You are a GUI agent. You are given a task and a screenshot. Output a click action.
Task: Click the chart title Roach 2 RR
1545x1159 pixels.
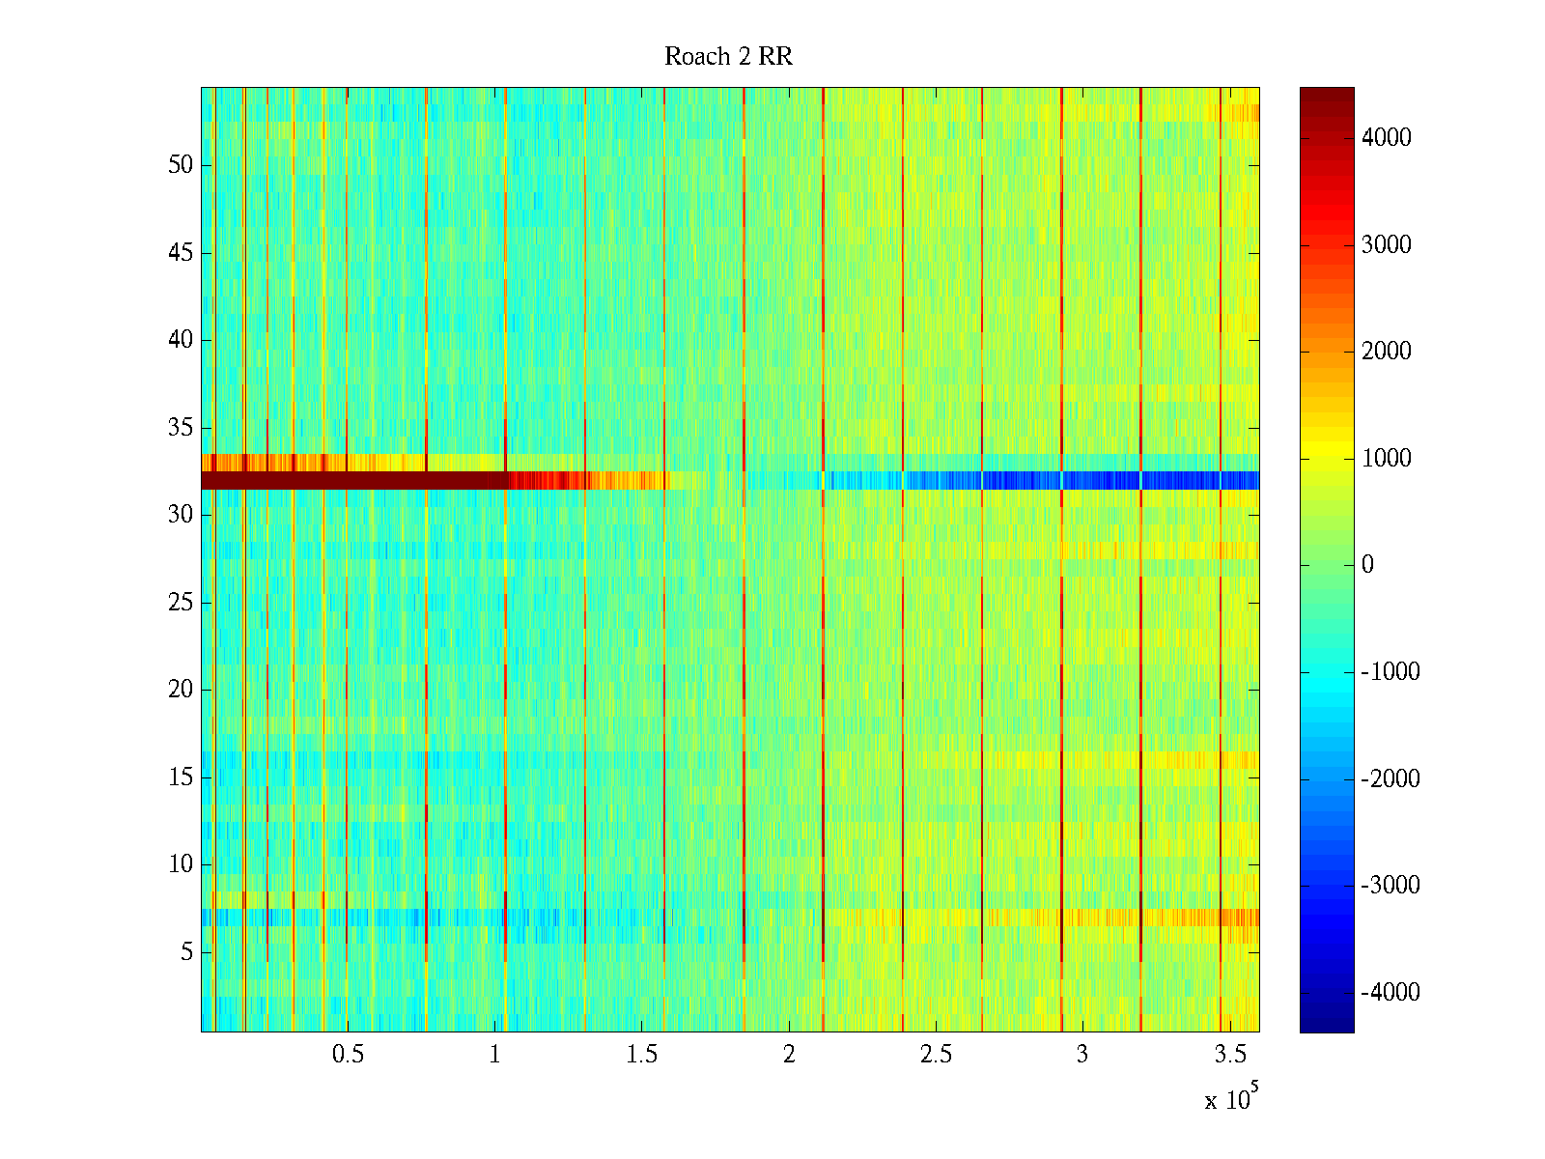728,57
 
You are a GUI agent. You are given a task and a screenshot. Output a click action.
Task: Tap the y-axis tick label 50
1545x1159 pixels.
181,165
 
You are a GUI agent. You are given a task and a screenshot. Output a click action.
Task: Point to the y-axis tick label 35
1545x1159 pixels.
181,428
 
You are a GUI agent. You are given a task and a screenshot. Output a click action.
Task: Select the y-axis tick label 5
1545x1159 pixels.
186,952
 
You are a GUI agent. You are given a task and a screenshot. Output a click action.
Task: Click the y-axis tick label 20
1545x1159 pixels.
181,690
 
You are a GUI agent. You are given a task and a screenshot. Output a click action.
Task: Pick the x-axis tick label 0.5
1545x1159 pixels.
348,1055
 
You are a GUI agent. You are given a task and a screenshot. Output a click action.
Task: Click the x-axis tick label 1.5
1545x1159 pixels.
641,1055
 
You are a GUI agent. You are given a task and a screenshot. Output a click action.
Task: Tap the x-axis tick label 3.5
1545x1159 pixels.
1229,1055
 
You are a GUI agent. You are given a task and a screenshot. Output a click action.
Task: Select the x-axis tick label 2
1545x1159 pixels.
789,1055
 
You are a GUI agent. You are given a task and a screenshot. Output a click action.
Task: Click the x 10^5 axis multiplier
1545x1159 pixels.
1230,1098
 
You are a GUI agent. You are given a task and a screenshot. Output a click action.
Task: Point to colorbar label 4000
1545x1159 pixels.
1387,138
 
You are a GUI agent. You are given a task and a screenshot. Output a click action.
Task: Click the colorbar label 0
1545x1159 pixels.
1367,565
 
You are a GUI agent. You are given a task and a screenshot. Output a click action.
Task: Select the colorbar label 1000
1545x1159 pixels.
1387,459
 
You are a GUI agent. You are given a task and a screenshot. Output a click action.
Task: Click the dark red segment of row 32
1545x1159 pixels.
348,480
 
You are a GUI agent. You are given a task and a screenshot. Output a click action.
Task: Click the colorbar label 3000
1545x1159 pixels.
1387,245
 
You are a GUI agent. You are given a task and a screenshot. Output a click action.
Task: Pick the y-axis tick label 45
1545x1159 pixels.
181,253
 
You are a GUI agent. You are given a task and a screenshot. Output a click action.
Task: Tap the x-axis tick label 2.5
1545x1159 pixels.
936,1055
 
